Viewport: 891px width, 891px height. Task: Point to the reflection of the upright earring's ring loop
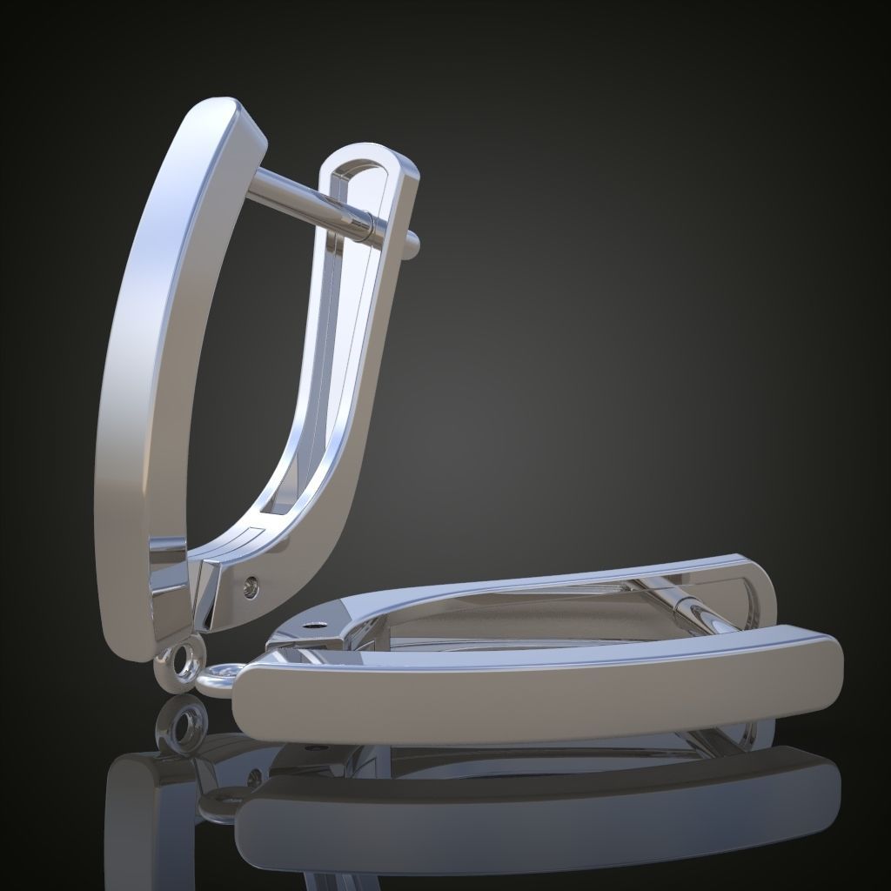coord(184,726)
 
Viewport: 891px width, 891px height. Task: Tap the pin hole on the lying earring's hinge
coord(318,624)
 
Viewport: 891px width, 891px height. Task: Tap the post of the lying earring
coord(696,609)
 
